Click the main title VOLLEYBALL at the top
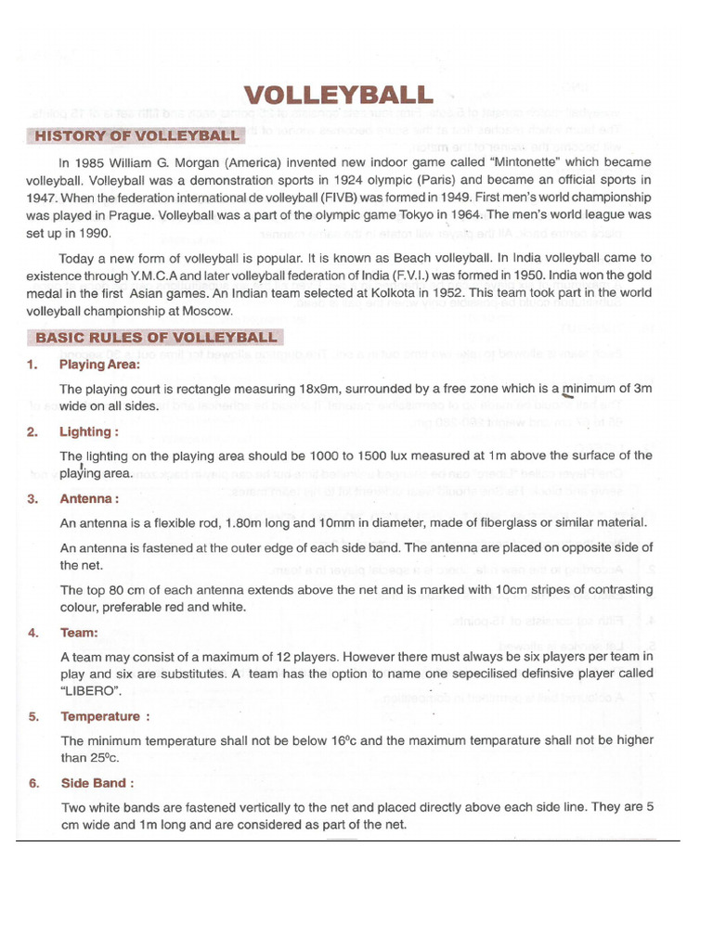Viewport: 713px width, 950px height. pos(338,96)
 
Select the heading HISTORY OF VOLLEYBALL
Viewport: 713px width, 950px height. pos(136,136)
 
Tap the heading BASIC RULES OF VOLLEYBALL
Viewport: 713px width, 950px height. pos(155,337)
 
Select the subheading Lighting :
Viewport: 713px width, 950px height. pos(89,431)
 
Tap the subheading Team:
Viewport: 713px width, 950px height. pos(79,633)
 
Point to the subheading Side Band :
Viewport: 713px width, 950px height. pos(97,783)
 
